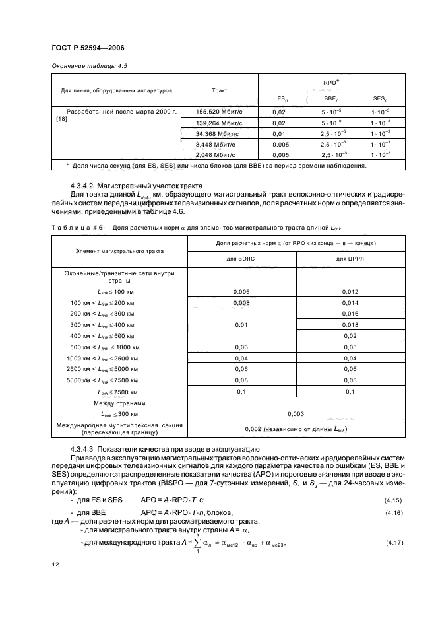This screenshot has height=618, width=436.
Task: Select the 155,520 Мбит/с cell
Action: (216, 113)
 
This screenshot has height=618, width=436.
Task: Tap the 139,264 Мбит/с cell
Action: (216, 123)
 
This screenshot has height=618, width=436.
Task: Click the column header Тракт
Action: (220, 92)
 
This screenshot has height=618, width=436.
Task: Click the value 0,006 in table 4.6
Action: (243, 291)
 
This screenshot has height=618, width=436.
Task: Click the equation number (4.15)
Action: (393, 500)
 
